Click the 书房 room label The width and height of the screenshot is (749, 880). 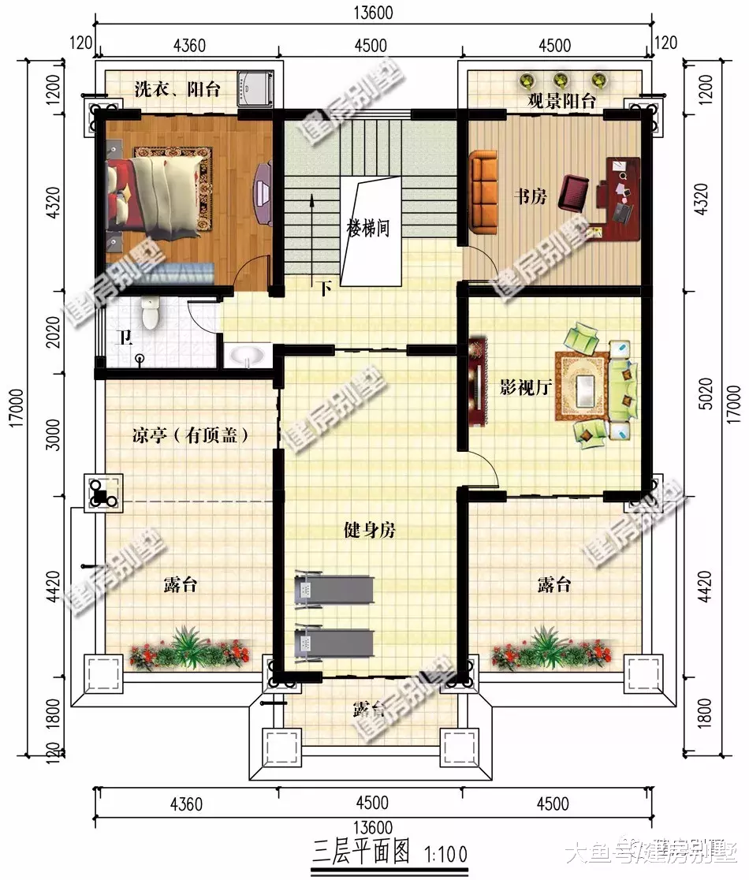click(530, 197)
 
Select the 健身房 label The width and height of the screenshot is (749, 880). click(369, 531)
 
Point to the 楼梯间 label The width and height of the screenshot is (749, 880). click(369, 229)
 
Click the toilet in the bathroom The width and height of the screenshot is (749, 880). click(148, 312)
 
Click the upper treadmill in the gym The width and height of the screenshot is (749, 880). click(334, 589)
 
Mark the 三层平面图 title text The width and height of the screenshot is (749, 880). click(362, 850)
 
